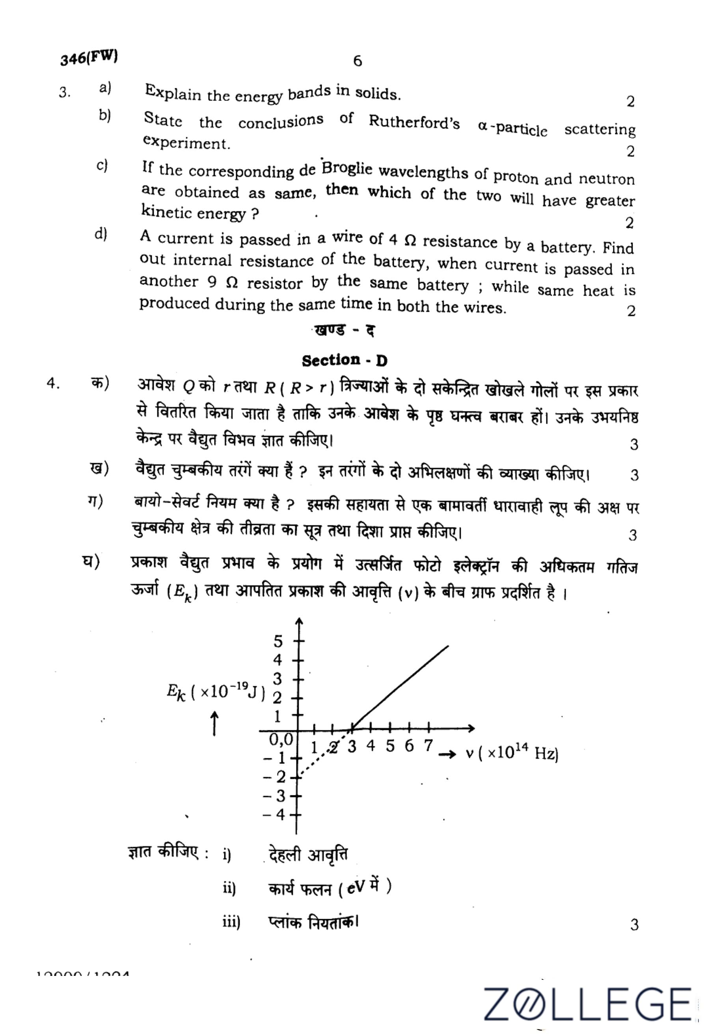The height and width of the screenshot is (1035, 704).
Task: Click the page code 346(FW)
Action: pyautogui.click(x=89, y=58)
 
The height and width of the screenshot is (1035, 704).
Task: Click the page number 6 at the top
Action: pyautogui.click(x=357, y=61)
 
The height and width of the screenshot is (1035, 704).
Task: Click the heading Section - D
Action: pyautogui.click(x=344, y=360)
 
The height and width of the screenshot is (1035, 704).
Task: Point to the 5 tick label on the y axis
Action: pyautogui.click(x=278, y=642)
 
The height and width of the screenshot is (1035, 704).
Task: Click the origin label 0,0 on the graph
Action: pyautogui.click(x=281, y=740)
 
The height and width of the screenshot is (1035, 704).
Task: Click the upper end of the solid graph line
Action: pyautogui.click(x=447, y=646)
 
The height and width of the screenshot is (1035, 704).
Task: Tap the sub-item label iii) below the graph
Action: pyautogui.click(x=231, y=922)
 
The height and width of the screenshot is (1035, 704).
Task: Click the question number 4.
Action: pyautogui.click(x=53, y=383)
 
